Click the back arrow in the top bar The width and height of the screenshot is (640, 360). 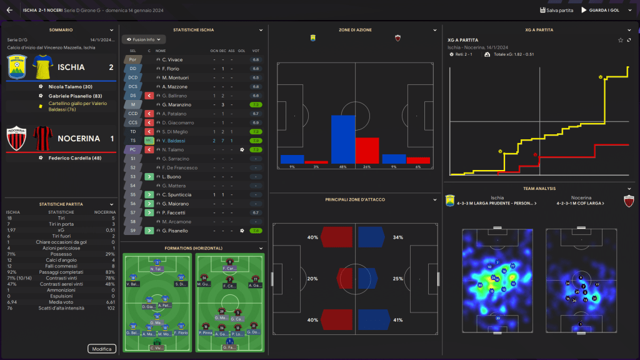pyautogui.click(x=9, y=10)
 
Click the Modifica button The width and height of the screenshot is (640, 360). pyautogui.click(x=101, y=349)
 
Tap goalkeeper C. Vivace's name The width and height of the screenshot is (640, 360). pyautogui.click(x=172, y=59)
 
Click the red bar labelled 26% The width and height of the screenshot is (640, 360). pyautogui.click(x=367, y=151)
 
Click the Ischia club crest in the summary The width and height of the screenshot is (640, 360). pyautogui.click(x=17, y=67)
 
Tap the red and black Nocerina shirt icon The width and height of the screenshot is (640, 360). pyautogui.click(x=42, y=139)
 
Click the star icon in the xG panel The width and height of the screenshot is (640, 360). pyautogui.click(x=621, y=40)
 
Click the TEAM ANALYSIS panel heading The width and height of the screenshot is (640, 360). pyautogui.click(x=539, y=188)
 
